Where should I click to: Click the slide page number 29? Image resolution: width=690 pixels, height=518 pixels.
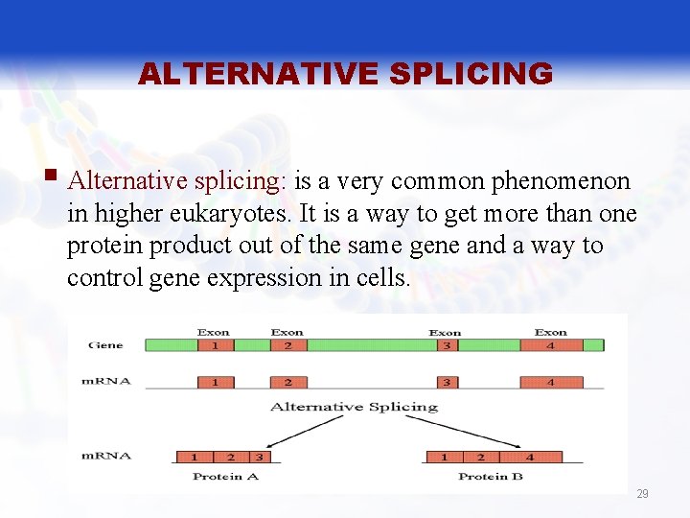pos(642,494)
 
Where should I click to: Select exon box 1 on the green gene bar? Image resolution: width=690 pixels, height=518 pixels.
pos(215,344)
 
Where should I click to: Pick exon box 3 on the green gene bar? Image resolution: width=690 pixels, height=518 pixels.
pos(446,344)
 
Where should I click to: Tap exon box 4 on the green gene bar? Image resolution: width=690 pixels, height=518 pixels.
pos(550,344)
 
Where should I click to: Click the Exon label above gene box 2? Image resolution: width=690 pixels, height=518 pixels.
pos(287,332)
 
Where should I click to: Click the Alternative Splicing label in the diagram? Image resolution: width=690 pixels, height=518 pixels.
pos(354,407)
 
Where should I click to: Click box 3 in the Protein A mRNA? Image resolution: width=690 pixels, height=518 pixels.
pos(258,458)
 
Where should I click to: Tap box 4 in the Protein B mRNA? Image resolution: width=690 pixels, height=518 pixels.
pos(530,458)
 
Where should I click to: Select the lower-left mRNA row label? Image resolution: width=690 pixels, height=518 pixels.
pos(106,455)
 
